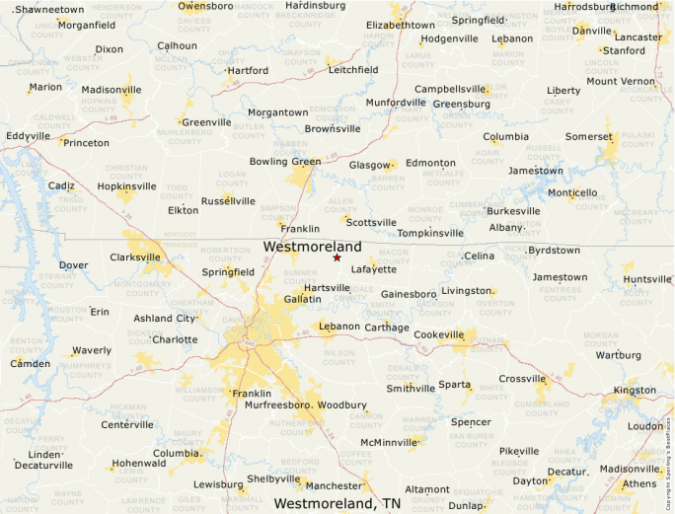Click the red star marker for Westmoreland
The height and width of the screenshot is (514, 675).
click(337, 257)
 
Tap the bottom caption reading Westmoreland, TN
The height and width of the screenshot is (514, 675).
click(337, 503)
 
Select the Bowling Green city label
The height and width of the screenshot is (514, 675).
click(285, 162)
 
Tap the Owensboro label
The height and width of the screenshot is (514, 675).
click(206, 6)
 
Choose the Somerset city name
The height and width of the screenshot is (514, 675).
click(589, 136)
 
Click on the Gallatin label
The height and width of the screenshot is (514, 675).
click(302, 298)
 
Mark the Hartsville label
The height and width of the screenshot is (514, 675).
click(327, 288)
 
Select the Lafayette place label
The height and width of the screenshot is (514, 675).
click(374, 269)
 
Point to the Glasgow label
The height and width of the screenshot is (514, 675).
click(370, 165)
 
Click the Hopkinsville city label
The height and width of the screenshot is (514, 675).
click(126, 185)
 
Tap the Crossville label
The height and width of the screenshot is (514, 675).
click(522, 379)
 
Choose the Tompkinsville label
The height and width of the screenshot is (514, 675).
click(430, 234)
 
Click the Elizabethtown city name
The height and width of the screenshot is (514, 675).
click(400, 25)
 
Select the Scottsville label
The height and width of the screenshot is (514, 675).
click(371, 223)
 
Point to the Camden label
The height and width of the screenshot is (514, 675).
click(30, 364)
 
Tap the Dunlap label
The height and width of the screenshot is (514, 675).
click(466, 506)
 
